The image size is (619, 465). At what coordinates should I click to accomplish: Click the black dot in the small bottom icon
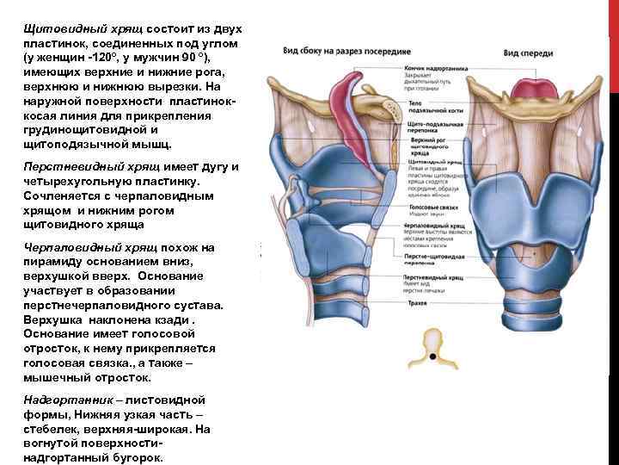433,355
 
